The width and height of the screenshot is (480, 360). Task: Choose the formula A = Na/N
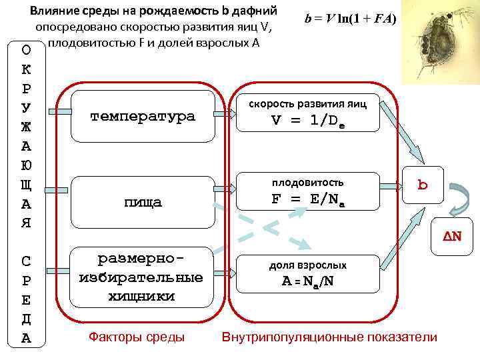[x=307, y=281]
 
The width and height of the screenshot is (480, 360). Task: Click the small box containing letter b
[x=422, y=184]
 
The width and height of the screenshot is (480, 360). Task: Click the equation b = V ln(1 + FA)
[x=350, y=19]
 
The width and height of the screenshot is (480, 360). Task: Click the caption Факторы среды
[x=137, y=337]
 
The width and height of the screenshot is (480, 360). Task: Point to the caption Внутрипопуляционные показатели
[x=329, y=337]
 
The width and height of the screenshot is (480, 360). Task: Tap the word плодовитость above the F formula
[x=307, y=182]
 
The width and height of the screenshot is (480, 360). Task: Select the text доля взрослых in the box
[x=307, y=265]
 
